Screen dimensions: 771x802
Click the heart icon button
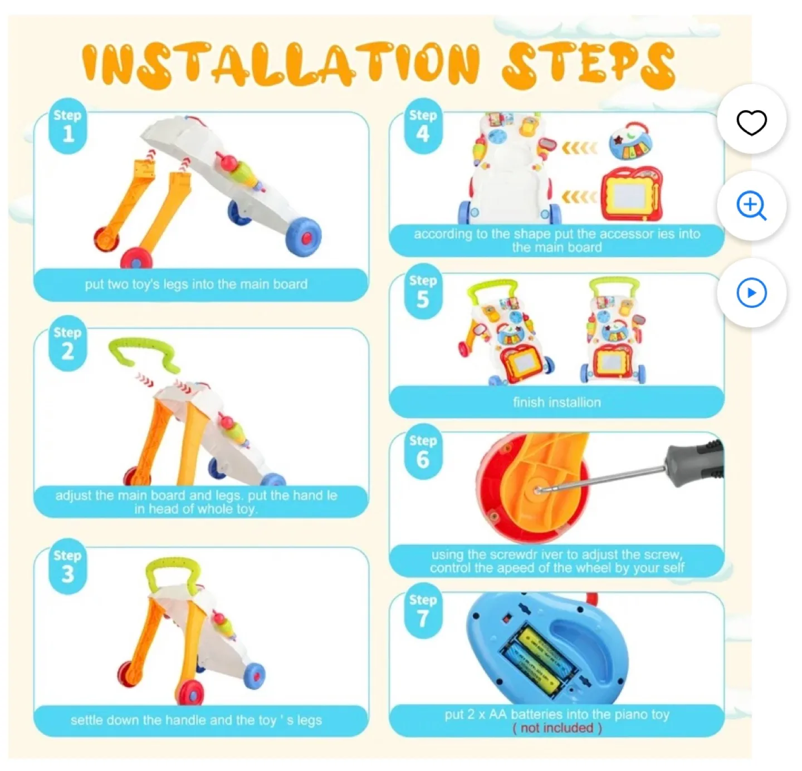(x=751, y=122)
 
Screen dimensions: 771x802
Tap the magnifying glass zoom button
(x=751, y=206)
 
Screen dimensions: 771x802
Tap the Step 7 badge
(x=423, y=611)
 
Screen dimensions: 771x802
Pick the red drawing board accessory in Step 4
(x=631, y=195)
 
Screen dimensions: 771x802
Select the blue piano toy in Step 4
(x=630, y=142)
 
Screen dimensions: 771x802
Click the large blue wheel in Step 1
(x=304, y=237)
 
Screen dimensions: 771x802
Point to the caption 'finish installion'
(x=556, y=402)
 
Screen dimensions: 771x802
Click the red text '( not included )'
(x=556, y=728)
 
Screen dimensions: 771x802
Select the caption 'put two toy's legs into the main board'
(x=196, y=284)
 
